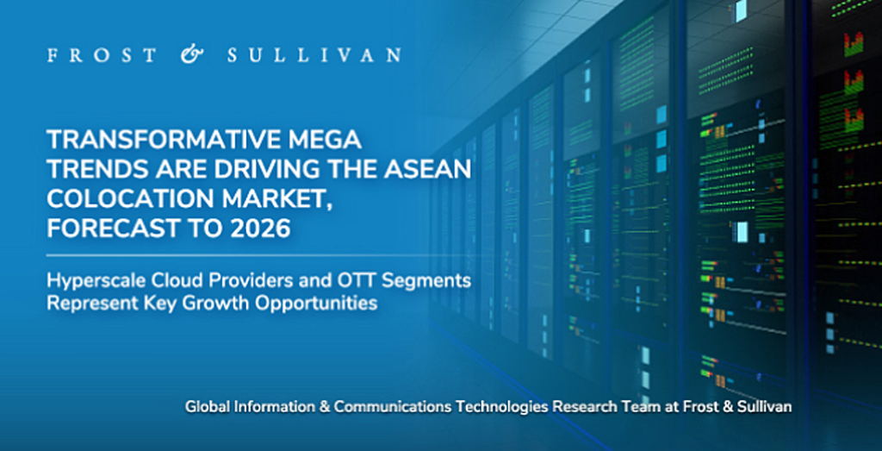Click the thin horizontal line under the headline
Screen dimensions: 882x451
[258, 256]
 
